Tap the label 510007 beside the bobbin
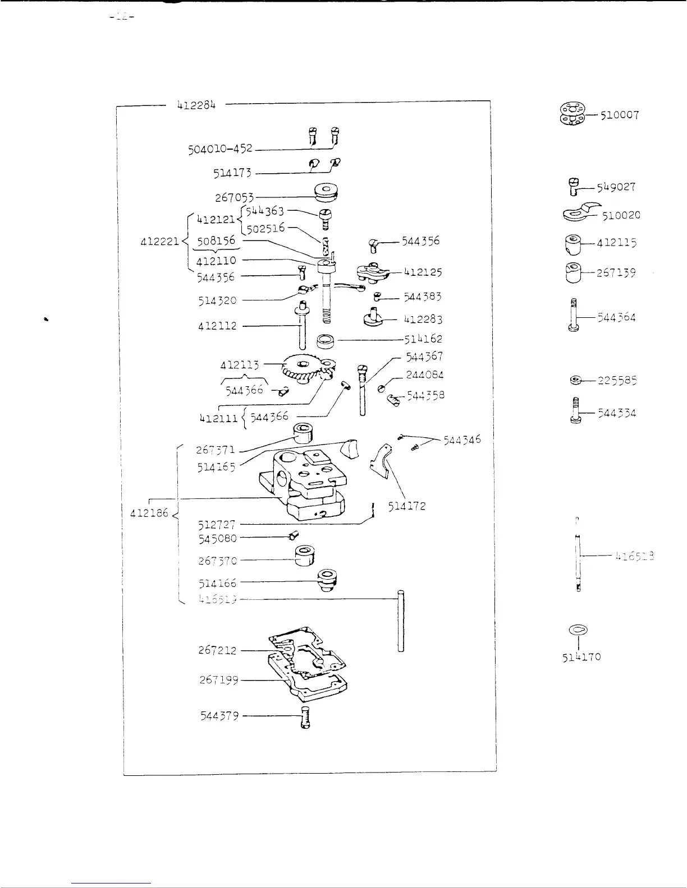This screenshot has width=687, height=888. tap(620, 115)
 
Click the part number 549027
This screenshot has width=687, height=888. tap(616, 187)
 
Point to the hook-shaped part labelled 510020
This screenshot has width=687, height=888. tap(578, 214)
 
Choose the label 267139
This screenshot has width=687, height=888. tap(616, 273)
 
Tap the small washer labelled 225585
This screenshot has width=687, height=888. tap(574, 381)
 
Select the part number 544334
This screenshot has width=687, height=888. tap(617, 414)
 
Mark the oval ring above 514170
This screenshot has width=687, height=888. tap(578, 630)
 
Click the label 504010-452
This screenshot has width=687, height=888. tap(220, 150)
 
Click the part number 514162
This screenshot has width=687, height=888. tap(423, 339)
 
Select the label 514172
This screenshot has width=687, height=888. tap(407, 506)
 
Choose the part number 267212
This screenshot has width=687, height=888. tap(218, 650)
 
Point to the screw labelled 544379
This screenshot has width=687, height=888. tap(305, 718)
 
